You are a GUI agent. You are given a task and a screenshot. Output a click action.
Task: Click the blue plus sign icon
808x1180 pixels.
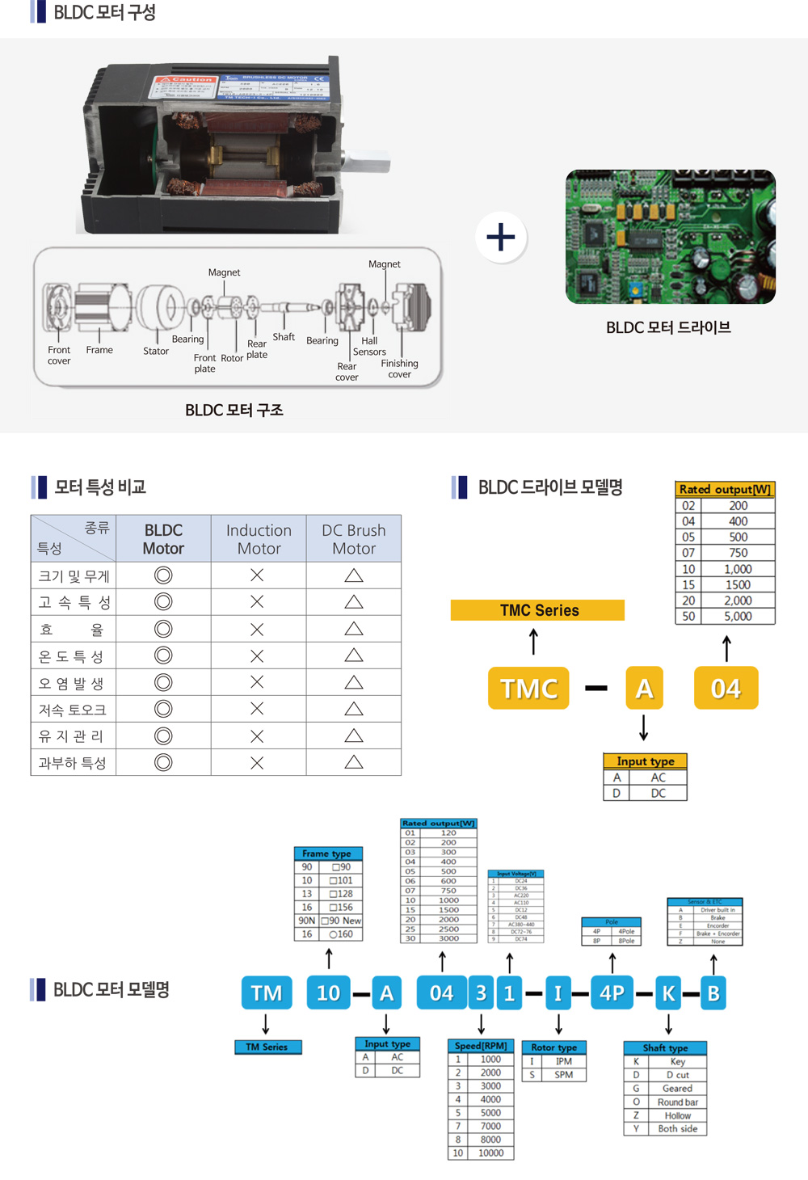click(501, 237)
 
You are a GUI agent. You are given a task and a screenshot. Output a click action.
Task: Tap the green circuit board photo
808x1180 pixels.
click(670, 237)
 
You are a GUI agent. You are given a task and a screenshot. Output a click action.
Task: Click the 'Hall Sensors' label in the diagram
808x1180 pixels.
click(369, 347)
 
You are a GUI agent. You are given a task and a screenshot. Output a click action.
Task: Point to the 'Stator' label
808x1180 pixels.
click(156, 351)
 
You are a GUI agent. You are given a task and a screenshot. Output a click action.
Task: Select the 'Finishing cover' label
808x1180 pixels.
click(400, 369)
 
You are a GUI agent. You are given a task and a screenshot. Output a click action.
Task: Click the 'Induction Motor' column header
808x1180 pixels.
click(259, 539)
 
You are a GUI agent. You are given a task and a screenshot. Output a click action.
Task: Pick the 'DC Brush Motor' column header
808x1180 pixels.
click(354, 539)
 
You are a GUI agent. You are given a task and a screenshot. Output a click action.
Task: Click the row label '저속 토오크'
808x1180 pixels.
click(73, 710)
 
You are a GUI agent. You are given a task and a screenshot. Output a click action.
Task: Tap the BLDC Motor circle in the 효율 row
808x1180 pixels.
click(163, 629)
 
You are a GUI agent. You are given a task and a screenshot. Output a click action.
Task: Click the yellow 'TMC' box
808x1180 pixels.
click(529, 688)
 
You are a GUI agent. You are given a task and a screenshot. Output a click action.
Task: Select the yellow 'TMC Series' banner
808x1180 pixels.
click(538, 610)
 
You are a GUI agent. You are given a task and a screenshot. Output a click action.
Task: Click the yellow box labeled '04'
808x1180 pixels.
click(726, 688)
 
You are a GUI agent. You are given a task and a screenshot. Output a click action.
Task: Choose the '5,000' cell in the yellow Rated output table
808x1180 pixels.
click(738, 616)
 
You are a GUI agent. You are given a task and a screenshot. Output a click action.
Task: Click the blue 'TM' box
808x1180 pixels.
click(266, 992)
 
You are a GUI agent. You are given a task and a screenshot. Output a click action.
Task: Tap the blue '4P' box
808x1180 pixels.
click(612, 992)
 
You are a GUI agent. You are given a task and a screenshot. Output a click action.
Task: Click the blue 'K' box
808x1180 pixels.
click(668, 992)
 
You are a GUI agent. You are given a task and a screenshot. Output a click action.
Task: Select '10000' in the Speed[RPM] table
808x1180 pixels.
click(490, 1153)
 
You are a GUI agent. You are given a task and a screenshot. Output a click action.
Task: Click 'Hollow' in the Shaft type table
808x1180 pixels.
click(677, 1115)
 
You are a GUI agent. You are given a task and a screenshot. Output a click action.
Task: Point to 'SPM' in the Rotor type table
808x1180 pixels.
click(563, 1075)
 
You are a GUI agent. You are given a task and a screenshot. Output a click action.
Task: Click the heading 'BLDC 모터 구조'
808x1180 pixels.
click(234, 411)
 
